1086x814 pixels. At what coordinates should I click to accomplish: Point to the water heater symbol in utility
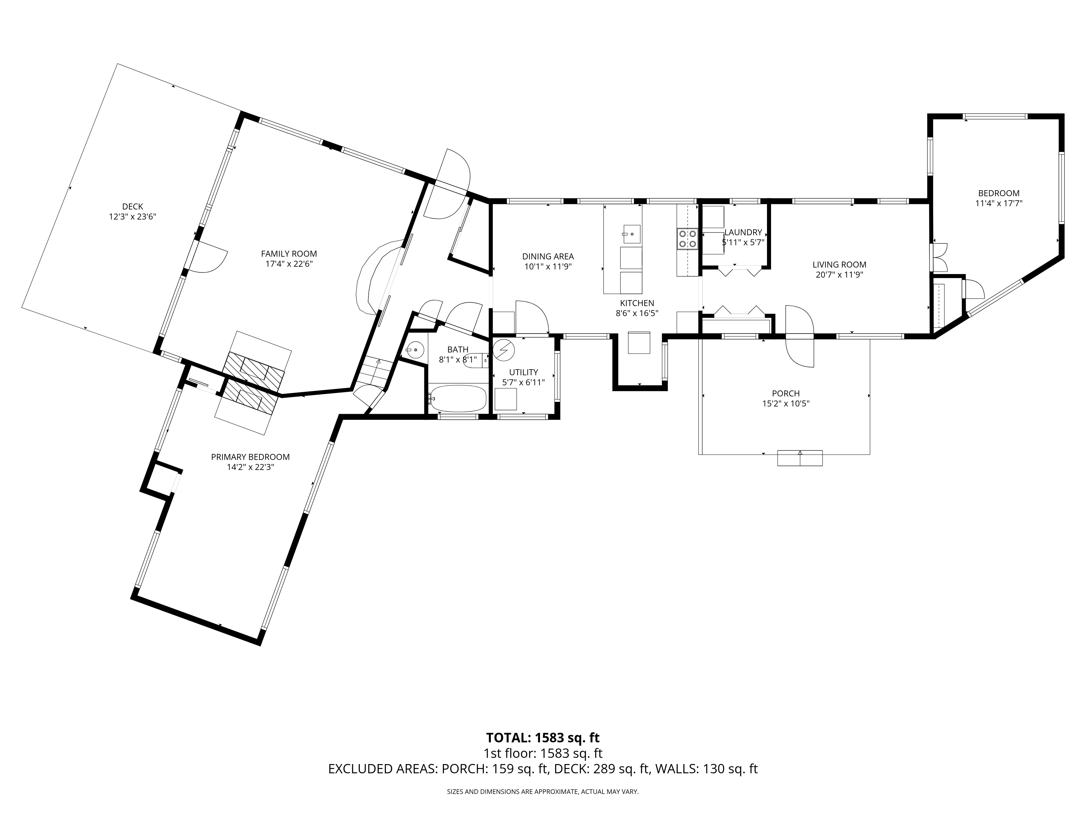503,350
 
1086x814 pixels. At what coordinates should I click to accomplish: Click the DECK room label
132,206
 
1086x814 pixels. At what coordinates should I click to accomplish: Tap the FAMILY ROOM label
289,254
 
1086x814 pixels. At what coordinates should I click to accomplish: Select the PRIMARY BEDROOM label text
250,457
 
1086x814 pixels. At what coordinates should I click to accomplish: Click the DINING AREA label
548,256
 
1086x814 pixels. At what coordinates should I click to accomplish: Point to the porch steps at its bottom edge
800,458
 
